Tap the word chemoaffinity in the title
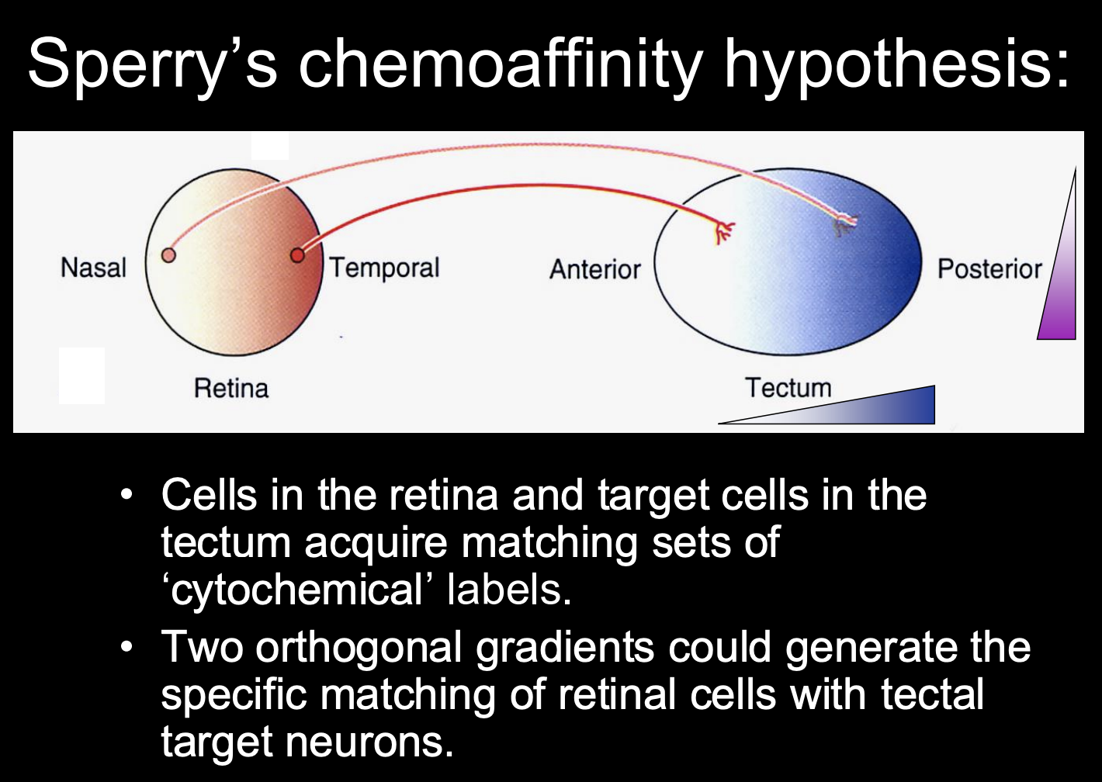501,64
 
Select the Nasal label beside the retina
93,268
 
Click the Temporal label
385,268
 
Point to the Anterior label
595,269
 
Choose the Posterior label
989,269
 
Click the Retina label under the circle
231,388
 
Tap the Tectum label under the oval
788,387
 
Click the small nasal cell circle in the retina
168,254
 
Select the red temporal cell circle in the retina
296,255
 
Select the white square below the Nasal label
81,375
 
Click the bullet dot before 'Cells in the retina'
127,494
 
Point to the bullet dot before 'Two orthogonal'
127,645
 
